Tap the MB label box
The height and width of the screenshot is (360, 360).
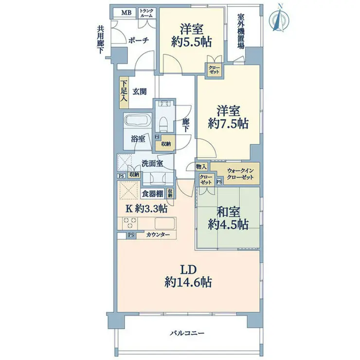(126, 13)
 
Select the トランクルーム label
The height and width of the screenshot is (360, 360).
(146, 13)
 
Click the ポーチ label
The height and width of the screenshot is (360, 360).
(138, 41)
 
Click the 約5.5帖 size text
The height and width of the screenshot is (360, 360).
(194, 42)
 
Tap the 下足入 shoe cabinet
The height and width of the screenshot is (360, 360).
(124, 92)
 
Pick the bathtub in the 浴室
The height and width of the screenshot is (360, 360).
(138, 122)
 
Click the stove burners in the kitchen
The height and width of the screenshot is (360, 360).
(130, 223)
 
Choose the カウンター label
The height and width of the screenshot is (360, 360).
(158, 235)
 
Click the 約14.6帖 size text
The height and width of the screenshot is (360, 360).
(188, 281)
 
